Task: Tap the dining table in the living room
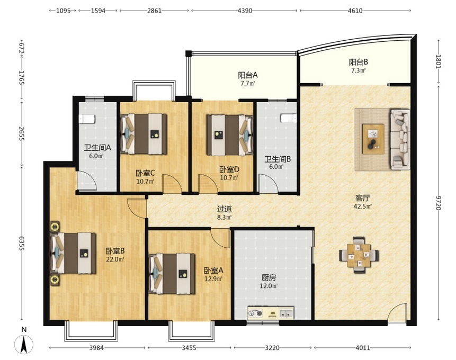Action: [x=359, y=255]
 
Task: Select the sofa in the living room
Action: [x=400, y=139]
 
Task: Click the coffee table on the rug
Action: [x=373, y=139]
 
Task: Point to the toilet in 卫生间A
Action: [x=87, y=119]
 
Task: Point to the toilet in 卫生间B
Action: [x=289, y=118]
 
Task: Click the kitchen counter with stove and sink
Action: [x=271, y=313]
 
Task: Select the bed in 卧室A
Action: [x=172, y=274]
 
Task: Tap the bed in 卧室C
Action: [x=144, y=134]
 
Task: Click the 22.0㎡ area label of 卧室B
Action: [x=115, y=259]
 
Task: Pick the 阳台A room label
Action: [x=248, y=75]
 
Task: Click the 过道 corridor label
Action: [x=224, y=209]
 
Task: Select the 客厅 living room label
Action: [x=362, y=199]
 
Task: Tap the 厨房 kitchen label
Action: [x=269, y=278]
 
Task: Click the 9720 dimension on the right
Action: [x=439, y=203]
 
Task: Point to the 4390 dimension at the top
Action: [x=245, y=11]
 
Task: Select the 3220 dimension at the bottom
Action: [x=272, y=347]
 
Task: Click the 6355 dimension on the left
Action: [x=22, y=243]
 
